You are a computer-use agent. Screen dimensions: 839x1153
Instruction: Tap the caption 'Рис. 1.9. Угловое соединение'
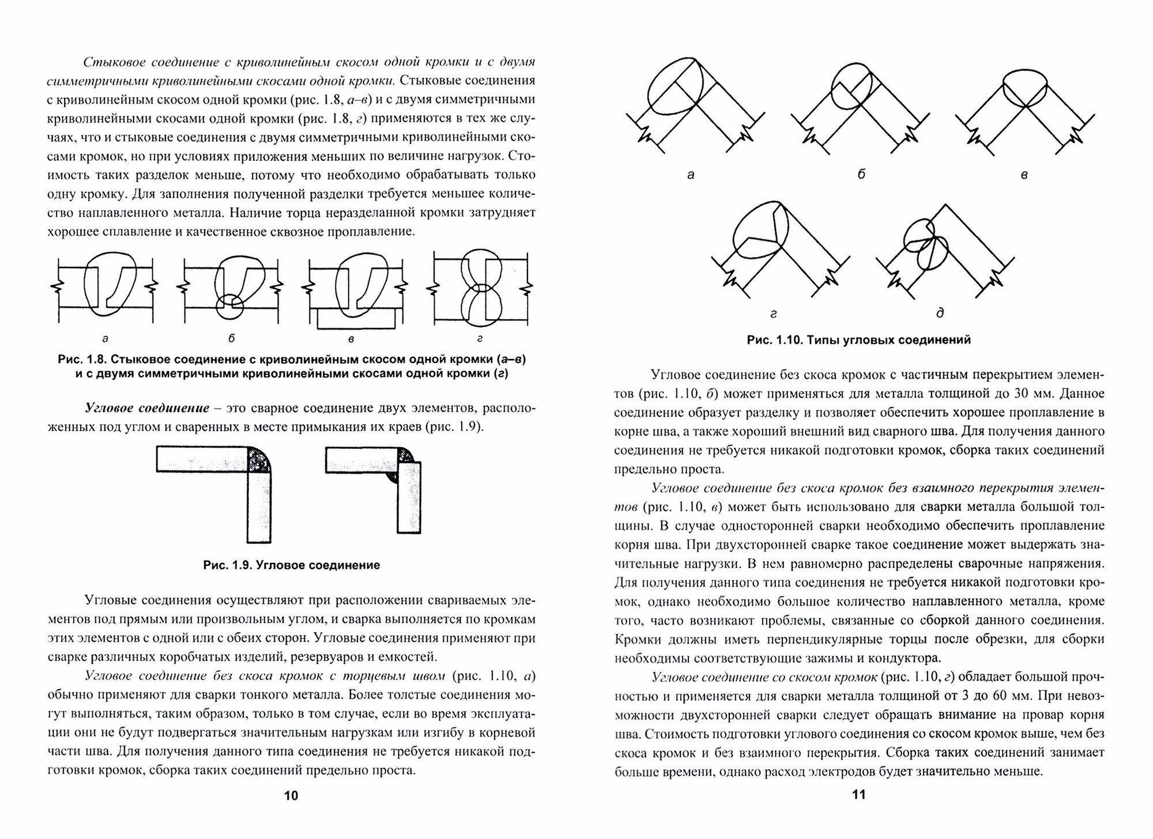click(x=292, y=565)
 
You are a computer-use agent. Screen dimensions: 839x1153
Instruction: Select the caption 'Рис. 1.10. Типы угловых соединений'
click(x=859, y=340)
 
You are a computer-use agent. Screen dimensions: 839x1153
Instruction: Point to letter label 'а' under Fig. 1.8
click(x=105, y=338)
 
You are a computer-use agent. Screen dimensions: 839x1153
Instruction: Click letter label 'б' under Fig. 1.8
click(x=232, y=338)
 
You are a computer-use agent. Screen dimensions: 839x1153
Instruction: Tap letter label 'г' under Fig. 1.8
click(x=480, y=339)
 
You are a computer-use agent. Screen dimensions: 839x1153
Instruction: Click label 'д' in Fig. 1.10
click(x=940, y=313)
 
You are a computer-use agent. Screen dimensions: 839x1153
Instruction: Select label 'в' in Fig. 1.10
click(x=1023, y=175)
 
